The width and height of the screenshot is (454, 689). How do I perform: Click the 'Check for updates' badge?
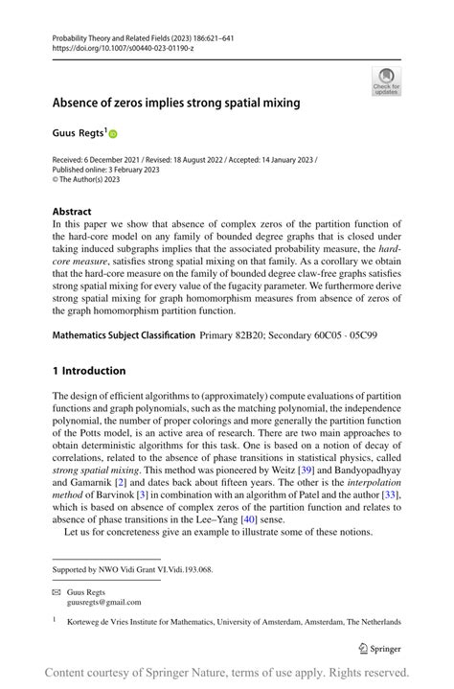(386, 82)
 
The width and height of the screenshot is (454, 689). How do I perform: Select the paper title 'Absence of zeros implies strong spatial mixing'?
(175, 102)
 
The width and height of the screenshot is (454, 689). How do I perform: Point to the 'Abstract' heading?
(72, 211)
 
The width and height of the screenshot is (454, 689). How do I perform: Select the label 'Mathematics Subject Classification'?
(122, 335)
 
